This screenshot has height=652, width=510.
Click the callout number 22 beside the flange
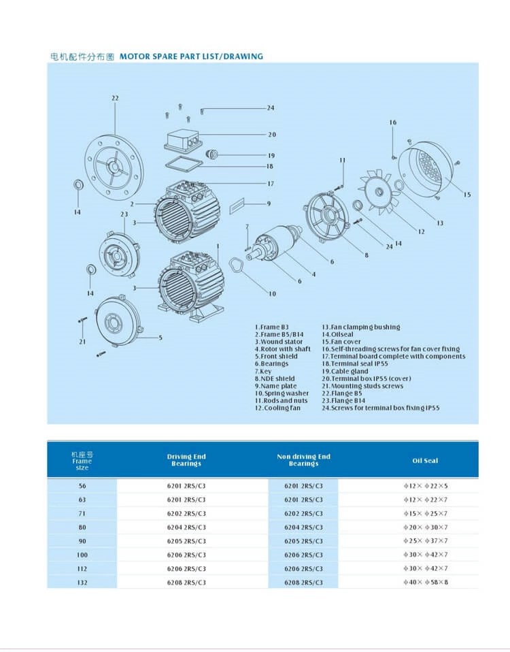[115, 98]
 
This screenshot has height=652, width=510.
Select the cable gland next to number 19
[212, 154]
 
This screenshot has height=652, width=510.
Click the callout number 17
[270, 184]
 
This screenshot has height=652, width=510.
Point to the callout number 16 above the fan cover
[393, 123]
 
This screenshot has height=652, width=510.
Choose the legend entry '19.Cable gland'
[350, 372]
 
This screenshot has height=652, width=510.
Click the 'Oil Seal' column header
[425, 461]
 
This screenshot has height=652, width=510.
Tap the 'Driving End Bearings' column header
[186, 460]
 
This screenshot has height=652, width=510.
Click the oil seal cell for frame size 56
[425, 486]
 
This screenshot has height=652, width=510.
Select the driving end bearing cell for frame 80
[186, 527]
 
